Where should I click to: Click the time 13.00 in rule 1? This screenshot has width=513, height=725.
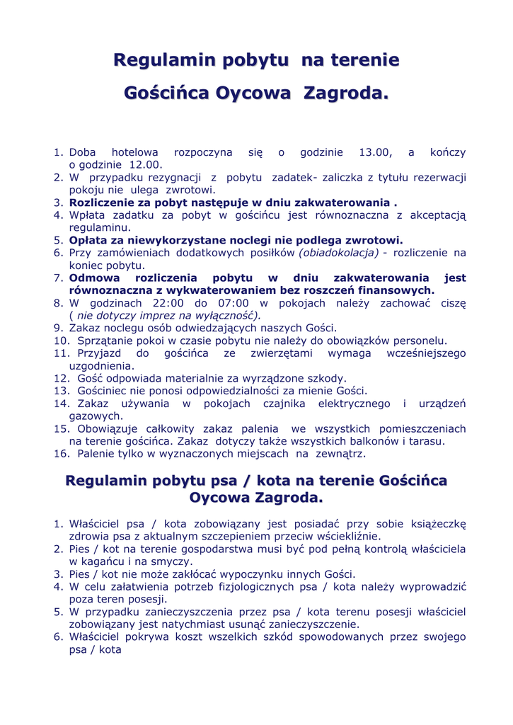click(375, 152)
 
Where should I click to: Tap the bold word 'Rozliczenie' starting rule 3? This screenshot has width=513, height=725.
click(104, 202)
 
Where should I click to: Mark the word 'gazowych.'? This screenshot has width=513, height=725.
click(96, 416)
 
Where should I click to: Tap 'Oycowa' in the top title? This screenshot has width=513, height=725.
click(253, 93)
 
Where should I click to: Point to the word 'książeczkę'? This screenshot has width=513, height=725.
click(432, 524)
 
